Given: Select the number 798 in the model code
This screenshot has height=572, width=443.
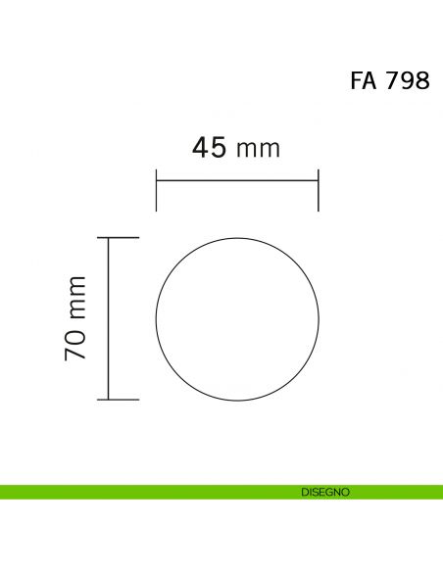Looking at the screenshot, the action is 408,80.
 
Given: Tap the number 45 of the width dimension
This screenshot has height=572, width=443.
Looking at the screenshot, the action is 209,147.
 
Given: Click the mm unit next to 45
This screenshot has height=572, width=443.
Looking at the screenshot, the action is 259,150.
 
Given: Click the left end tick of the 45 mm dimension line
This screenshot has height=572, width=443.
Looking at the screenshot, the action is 156,190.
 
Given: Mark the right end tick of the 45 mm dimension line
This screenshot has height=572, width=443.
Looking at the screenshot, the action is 319,190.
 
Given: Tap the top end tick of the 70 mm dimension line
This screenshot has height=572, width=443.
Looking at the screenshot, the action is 119,237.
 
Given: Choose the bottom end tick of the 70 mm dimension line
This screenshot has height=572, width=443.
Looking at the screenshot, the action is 119,400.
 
